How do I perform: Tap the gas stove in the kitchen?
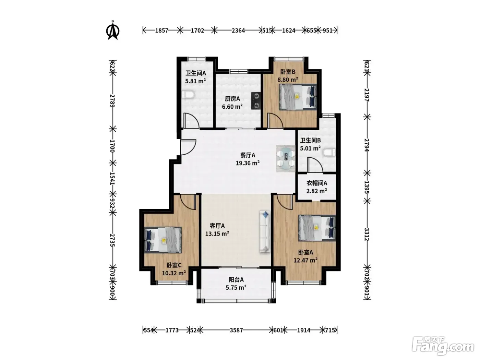point(256,101)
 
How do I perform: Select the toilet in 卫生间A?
point(188,95)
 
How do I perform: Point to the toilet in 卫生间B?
point(329,153)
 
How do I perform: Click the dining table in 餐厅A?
point(286,158)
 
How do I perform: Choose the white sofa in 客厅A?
point(265,232)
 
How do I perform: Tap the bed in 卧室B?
point(298,97)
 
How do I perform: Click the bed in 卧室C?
point(163,240)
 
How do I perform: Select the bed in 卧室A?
point(317,228)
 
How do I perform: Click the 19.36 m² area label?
point(248,163)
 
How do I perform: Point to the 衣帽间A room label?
point(317,183)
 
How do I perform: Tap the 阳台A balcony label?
point(236,279)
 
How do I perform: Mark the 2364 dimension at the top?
point(238,31)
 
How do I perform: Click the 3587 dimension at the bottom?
point(236,330)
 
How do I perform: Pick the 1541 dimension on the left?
point(112,178)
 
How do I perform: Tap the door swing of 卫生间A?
point(191,120)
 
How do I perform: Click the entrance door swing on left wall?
point(188,147)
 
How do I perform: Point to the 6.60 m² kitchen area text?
point(232,107)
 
